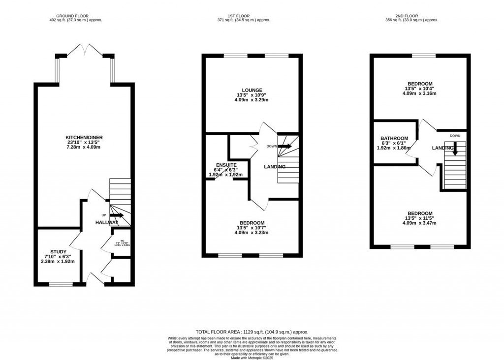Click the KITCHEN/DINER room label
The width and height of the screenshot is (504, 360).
(84, 137)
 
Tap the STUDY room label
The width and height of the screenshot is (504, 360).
(58, 252)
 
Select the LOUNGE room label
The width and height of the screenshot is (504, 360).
(252, 90)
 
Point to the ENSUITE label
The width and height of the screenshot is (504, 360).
(226, 165)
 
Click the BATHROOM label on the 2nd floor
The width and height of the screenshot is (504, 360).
(394, 138)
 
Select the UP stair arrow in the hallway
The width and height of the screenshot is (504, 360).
(117, 215)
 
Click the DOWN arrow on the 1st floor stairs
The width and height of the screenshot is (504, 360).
(285, 146)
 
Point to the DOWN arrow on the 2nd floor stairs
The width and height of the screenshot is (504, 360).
(455, 148)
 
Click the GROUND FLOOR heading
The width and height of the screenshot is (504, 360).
(76, 15)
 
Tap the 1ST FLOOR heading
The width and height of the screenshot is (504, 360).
(252, 15)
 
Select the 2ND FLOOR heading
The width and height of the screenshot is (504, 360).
(419, 15)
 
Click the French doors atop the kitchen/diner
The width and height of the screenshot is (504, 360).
(84, 50)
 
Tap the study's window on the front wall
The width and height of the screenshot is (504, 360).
(61, 284)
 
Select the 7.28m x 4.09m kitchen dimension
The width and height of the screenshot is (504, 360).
(84, 148)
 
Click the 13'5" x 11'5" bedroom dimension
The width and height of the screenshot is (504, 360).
(419, 218)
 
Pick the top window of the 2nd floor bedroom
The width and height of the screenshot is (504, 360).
(423, 56)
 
